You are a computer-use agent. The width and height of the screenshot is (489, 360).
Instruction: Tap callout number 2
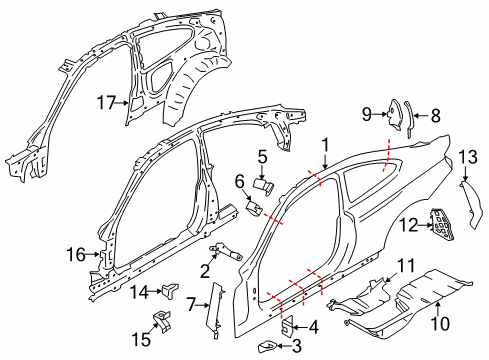pyautogui.click(x=204, y=270)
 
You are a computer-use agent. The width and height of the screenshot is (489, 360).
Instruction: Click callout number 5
pyautogui.click(x=261, y=156)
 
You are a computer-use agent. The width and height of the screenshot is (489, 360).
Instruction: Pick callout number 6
pyautogui.click(x=241, y=180)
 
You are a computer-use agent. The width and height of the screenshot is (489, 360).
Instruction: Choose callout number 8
pyautogui.click(x=436, y=115)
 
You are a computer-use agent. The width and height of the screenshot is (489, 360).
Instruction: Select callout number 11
pyautogui.click(x=404, y=264)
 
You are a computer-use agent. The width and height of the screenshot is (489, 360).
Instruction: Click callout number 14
pyautogui.click(x=141, y=291)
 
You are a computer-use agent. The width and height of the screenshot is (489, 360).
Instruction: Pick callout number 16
pyautogui.click(x=77, y=255)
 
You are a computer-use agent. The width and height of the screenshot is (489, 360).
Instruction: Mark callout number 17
pyautogui.click(x=106, y=101)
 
